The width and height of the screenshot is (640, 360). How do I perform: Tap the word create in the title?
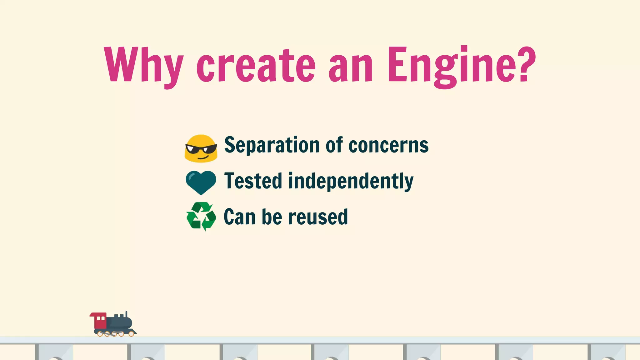coord(256,66)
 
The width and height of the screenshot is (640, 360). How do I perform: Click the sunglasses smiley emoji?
coord(201,148)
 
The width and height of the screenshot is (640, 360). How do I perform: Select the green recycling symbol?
coord(201,216)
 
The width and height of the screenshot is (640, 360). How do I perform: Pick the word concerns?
coord(388,145)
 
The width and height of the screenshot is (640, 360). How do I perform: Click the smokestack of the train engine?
coord(126,314)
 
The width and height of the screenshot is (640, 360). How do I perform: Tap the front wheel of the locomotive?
coord(131,334)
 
